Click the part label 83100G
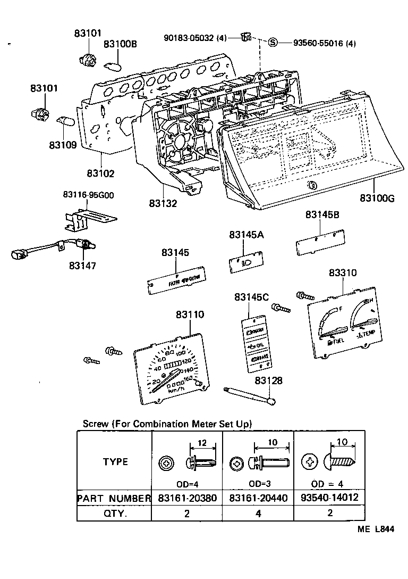(x=377, y=198)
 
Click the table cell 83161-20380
(x=186, y=498)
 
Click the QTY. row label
(x=115, y=514)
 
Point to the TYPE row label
(x=115, y=461)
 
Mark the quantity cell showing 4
(x=258, y=514)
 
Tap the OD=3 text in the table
(x=258, y=484)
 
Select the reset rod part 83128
(x=250, y=396)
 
